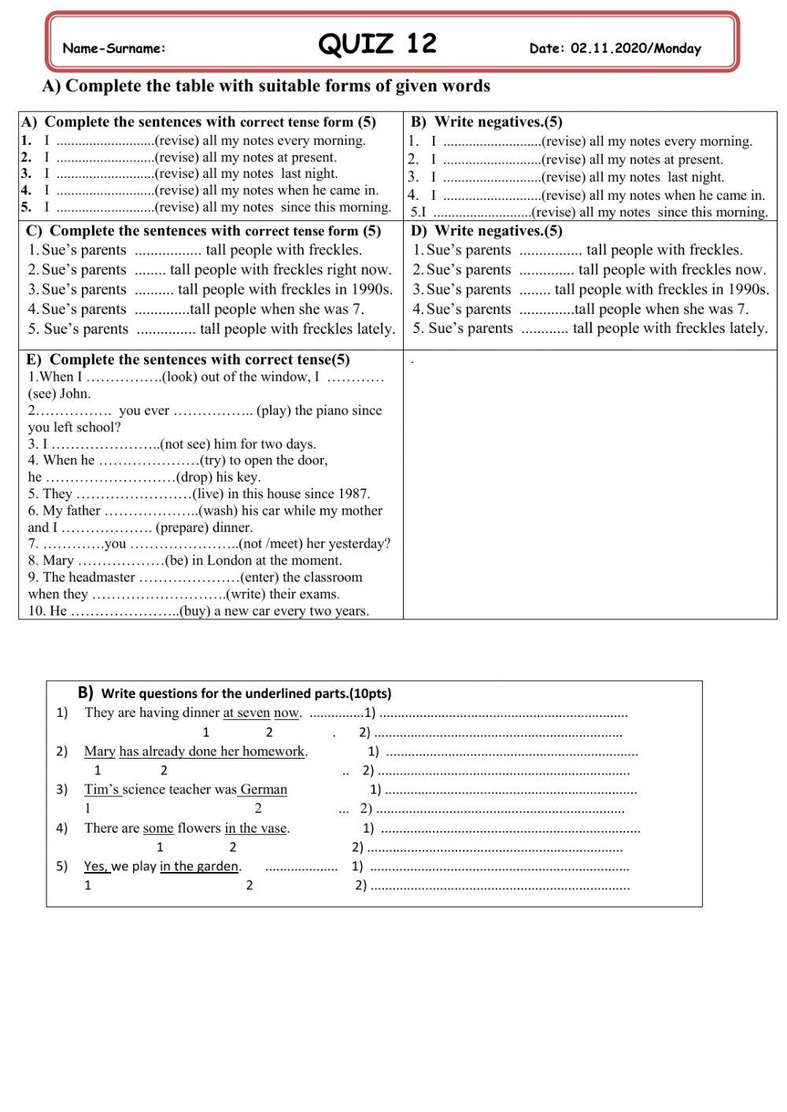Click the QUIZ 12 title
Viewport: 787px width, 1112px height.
[377, 43]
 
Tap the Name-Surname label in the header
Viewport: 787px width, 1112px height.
[114, 49]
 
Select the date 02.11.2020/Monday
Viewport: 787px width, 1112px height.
[635, 49]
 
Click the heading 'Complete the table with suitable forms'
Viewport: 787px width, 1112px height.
[266, 86]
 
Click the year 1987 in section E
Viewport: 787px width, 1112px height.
[354, 494]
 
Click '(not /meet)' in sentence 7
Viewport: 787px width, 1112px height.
[277, 544]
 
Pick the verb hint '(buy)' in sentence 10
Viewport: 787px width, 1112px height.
[194, 611]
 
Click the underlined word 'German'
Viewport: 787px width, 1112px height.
[264, 789]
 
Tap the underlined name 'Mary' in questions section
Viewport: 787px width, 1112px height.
[100, 752]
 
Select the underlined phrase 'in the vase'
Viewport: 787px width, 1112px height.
[256, 828]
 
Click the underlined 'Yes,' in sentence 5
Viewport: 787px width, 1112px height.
[96, 866]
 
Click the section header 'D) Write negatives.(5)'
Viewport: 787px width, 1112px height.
[486, 231]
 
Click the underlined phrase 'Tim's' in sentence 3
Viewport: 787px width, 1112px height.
[102, 789]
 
